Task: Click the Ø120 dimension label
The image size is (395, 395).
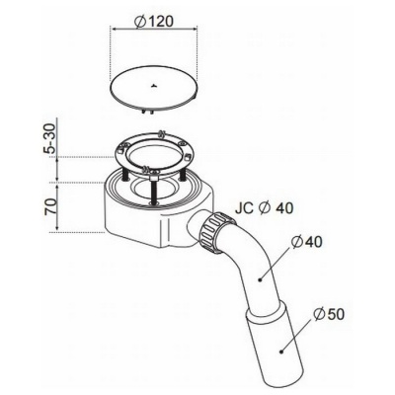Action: coord(154,22)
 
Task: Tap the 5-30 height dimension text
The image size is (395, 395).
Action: coord(50,137)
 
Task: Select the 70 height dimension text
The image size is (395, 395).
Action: coord(50,205)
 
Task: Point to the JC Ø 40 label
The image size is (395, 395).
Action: coord(264,208)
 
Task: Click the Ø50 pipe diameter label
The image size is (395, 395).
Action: coord(329,315)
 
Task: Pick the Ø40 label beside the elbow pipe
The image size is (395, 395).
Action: coord(307,242)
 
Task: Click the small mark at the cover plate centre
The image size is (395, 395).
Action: coord(153,87)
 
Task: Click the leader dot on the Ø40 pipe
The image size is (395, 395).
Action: coord(260,280)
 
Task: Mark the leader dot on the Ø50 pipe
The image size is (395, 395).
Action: coord(281,352)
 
